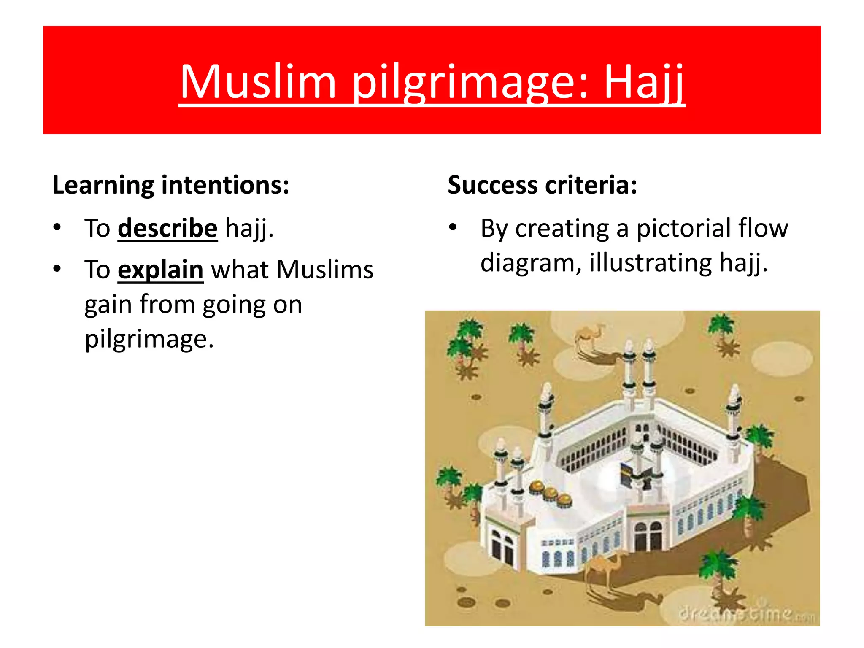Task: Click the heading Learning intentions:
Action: [x=171, y=185]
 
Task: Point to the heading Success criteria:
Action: [x=542, y=185]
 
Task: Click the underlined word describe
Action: [x=167, y=228]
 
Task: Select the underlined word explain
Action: [x=160, y=270]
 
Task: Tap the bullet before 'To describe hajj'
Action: [x=57, y=228]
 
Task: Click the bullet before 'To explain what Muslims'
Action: [x=57, y=269]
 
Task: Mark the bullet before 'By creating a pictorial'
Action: [x=453, y=228]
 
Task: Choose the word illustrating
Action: [x=650, y=263]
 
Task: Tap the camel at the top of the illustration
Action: [x=591, y=335]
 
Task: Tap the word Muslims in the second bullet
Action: [x=324, y=270]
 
